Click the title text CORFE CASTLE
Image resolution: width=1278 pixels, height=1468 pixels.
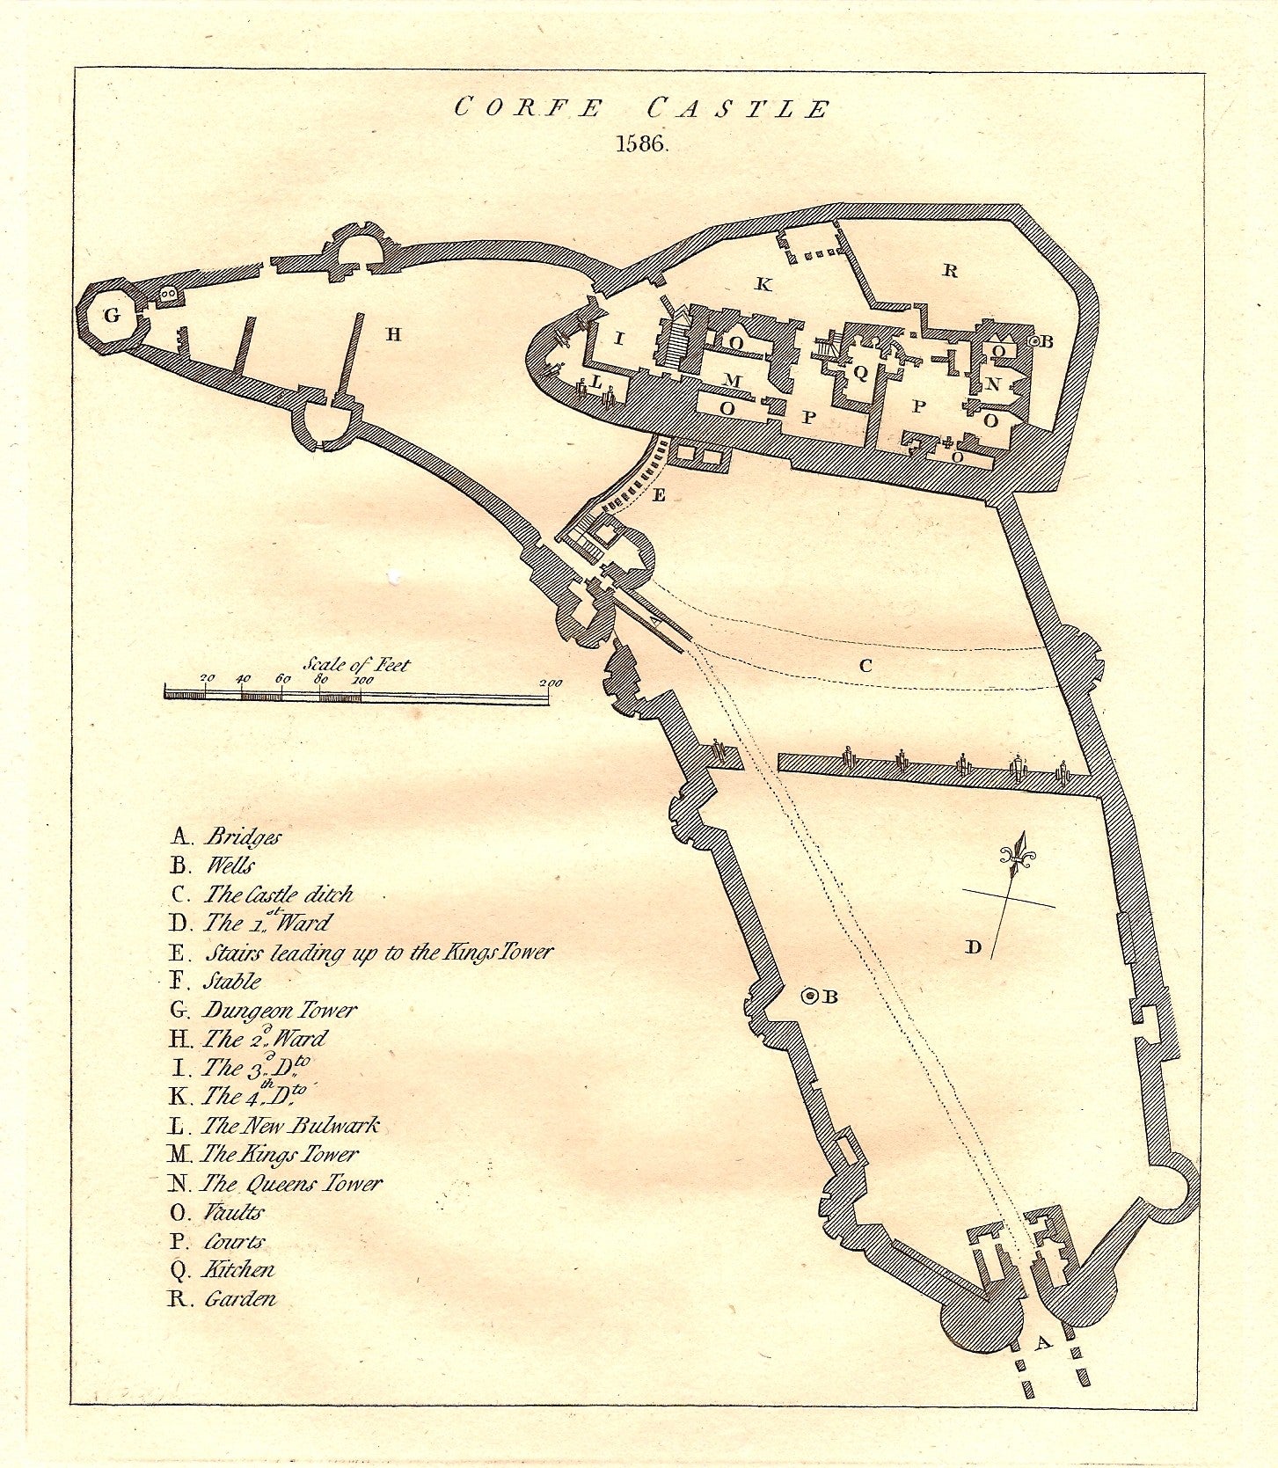tap(642, 109)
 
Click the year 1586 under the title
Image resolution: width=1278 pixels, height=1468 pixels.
tap(642, 145)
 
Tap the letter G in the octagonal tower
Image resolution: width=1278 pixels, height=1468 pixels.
tap(113, 315)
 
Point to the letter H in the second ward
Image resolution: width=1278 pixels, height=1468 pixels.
tap(393, 334)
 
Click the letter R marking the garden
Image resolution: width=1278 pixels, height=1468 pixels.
tap(950, 271)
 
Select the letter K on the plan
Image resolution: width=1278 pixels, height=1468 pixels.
tap(763, 284)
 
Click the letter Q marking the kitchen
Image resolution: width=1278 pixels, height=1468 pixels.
tap(860, 372)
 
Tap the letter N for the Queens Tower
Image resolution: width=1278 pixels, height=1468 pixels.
tap(993, 384)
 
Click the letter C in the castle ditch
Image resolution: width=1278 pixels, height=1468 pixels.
tap(865, 666)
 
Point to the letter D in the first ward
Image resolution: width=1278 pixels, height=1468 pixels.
tap(973, 947)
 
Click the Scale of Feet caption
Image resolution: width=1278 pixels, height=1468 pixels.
tap(356, 664)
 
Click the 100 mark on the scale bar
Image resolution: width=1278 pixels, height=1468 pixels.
tap(361, 680)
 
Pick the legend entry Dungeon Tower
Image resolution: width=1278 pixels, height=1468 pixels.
tap(280, 1010)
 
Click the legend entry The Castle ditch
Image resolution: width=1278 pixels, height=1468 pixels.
tap(278, 895)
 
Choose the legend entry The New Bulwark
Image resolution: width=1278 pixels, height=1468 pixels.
tap(290, 1125)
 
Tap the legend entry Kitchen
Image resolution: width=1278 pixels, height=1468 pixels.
tap(238, 1269)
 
